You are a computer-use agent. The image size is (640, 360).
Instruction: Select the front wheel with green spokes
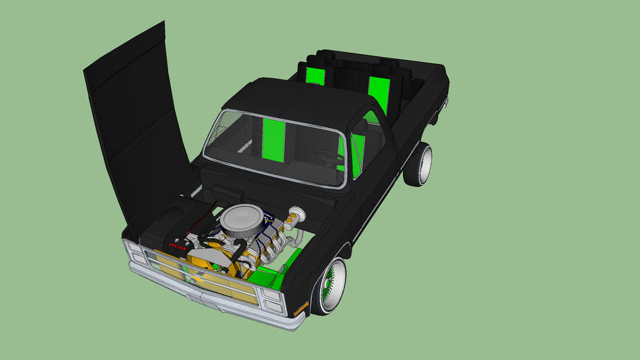(329, 285)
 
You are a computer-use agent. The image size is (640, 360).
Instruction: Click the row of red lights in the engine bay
(179, 247)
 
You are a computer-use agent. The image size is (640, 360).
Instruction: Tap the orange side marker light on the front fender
(301, 308)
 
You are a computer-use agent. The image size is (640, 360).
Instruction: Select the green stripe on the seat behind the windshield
(272, 139)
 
